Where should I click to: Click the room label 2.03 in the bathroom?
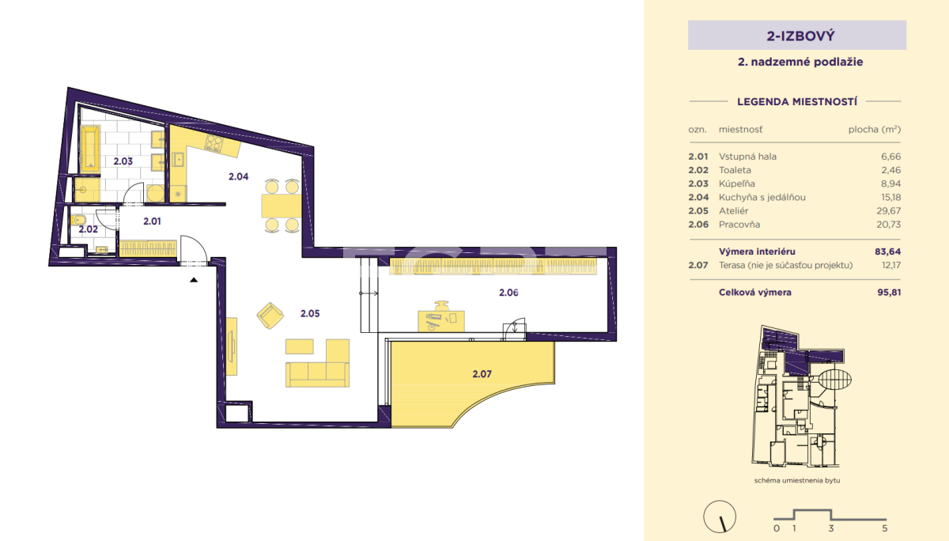123,161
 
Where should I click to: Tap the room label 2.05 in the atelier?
310,313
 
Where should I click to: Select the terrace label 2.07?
482,373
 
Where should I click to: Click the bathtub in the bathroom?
90,149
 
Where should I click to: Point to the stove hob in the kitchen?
214,143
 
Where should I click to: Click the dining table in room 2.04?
282,206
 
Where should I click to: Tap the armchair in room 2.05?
270,316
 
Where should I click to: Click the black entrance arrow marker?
194,280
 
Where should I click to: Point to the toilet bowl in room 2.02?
79,221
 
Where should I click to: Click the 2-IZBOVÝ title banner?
797,36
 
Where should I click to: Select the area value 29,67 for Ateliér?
888,210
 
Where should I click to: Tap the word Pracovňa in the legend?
739,224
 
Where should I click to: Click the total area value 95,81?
889,292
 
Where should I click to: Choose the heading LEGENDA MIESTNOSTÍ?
797,102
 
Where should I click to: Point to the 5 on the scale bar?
885,528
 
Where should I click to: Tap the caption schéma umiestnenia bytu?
797,480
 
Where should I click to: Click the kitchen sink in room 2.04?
179,160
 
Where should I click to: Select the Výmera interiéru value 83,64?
887,252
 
